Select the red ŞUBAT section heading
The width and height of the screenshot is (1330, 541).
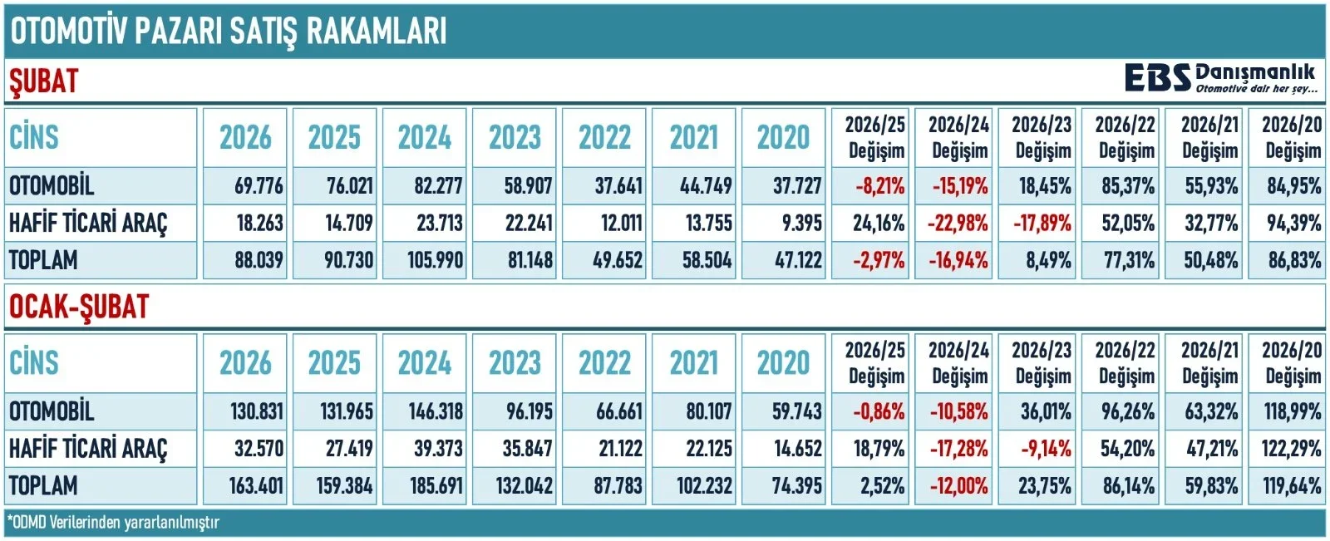[x=43, y=81]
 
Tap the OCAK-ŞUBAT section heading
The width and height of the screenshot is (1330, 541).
[x=79, y=307]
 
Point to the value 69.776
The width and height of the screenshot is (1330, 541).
[x=259, y=185]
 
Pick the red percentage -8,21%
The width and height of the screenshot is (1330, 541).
[x=879, y=185]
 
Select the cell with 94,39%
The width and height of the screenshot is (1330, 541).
[x=1293, y=223]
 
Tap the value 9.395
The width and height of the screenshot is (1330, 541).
[x=796, y=223]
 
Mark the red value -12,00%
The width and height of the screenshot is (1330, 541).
[x=959, y=485]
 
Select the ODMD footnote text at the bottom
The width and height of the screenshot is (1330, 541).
[x=113, y=523]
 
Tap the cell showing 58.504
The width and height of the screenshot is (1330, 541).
[x=706, y=260]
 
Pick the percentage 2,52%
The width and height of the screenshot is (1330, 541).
[x=879, y=485]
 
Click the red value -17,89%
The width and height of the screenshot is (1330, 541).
[x=1042, y=223]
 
